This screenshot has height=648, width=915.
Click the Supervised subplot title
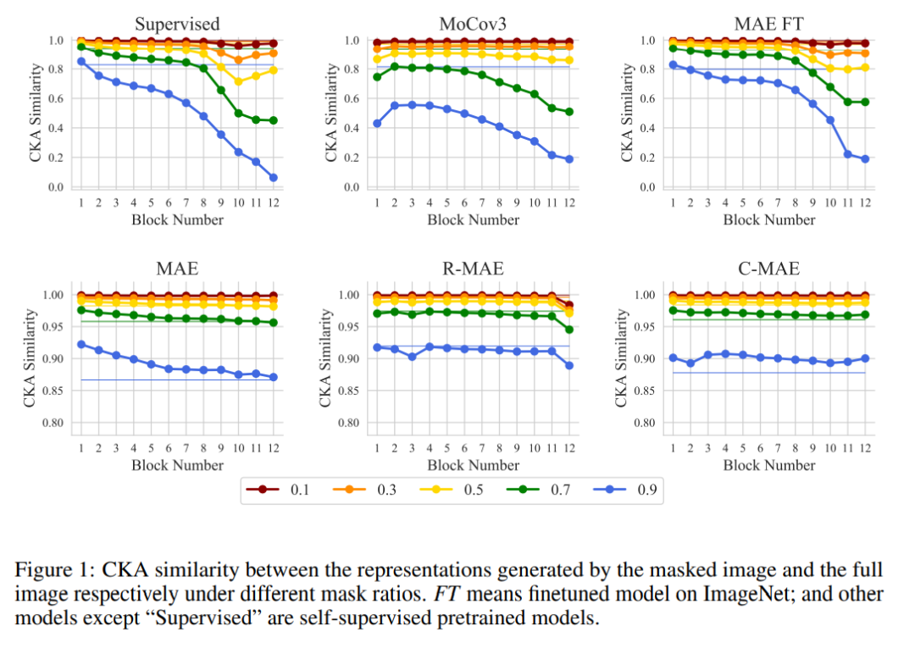[x=177, y=23]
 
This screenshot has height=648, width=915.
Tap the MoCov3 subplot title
[x=474, y=23]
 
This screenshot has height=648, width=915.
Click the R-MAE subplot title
[x=474, y=269]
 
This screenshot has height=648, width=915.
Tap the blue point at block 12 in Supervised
[x=273, y=177]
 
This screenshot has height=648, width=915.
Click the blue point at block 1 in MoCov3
[x=377, y=124]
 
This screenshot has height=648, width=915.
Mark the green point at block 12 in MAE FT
[x=865, y=102]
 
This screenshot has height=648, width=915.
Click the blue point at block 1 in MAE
[x=81, y=344]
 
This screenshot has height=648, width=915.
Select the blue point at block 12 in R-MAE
[x=568, y=365]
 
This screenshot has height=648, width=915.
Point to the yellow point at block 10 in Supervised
[x=238, y=82]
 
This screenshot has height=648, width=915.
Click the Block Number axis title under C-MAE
[x=769, y=464]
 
